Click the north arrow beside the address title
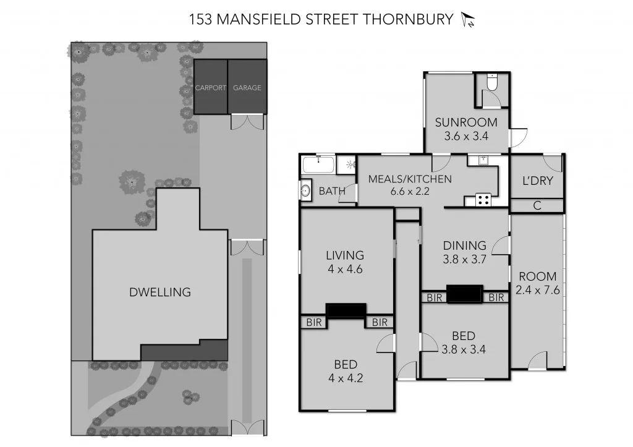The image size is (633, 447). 467,20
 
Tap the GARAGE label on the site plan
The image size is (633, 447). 247,88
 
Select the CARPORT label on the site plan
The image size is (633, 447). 211,88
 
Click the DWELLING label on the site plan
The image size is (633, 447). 160,292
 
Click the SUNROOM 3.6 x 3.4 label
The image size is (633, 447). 466,128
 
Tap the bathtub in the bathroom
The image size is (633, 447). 318,165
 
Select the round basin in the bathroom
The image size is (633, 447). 306,191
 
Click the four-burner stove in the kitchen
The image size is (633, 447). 482,200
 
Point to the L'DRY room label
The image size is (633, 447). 537,181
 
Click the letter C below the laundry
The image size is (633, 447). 537,206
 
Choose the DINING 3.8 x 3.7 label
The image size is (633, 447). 464,252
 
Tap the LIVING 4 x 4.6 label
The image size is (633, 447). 345,262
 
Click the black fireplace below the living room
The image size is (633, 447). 346,311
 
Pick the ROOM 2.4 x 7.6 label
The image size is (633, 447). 537,283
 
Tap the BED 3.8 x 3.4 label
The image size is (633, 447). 464,342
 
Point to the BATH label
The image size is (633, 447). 332,191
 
